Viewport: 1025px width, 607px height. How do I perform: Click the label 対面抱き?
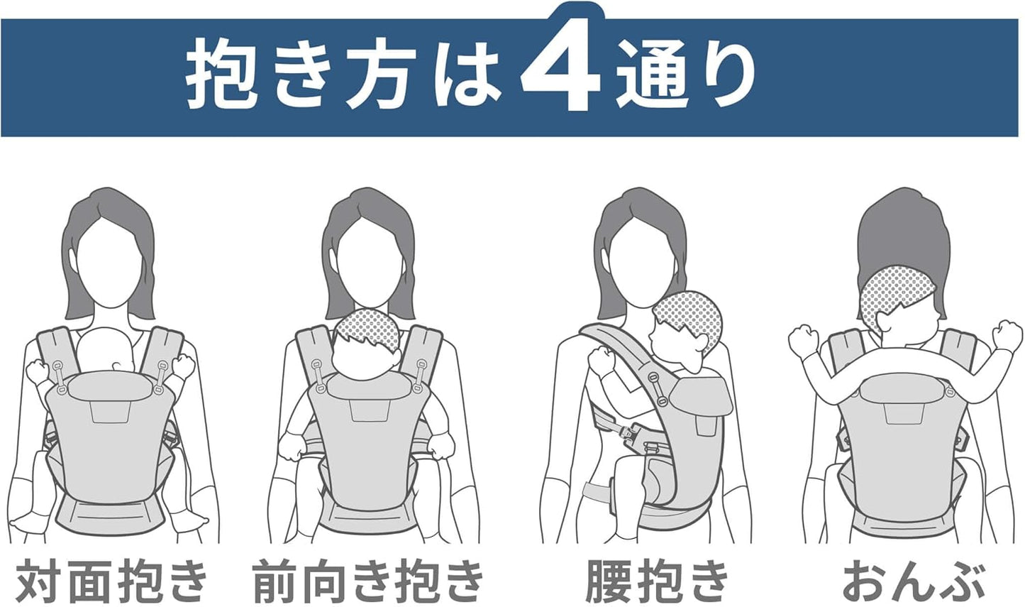(113, 580)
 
